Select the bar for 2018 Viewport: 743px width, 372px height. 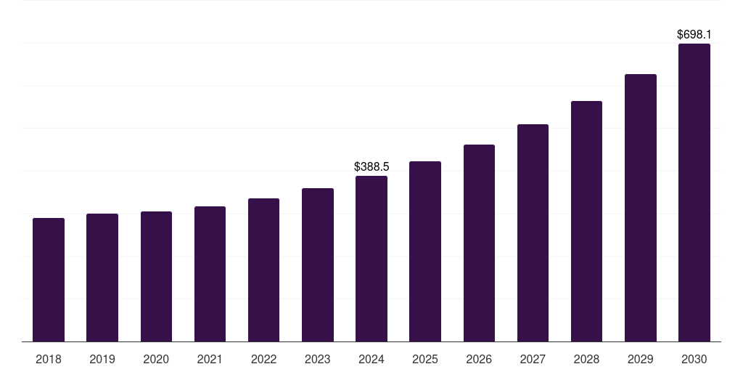click(x=49, y=280)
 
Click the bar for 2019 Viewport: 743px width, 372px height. click(x=102, y=278)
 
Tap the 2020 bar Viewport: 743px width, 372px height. click(x=157, y=277)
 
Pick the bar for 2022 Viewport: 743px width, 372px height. click(x=263, y=270)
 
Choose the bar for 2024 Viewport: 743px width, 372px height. click(x=371, y=259)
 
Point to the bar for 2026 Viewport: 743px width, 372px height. click(x=479, y=243)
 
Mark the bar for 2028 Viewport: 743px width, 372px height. click(x=586, y=221)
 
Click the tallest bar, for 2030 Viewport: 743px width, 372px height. click(x=694, y=193)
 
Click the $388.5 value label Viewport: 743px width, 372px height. click(x=371, y=166)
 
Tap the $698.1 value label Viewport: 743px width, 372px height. click(x=694, y=34)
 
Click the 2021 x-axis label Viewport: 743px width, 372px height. click(x=210, y=359)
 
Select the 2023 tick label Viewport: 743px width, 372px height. click(x=318, y=359)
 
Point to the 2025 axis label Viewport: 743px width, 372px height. click(x=425, y=359)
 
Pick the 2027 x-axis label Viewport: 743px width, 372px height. click(x=533, y=359)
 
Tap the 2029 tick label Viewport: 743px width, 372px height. click(x=640, y=359)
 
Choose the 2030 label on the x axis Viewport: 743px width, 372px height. click(x=694, y=359)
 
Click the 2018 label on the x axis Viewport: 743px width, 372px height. click(x=49, y=359)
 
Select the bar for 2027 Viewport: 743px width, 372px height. click(x=533, y=233)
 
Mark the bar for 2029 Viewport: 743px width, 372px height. click(x=641, y=208)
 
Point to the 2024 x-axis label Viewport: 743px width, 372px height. click(x=371, y=359)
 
